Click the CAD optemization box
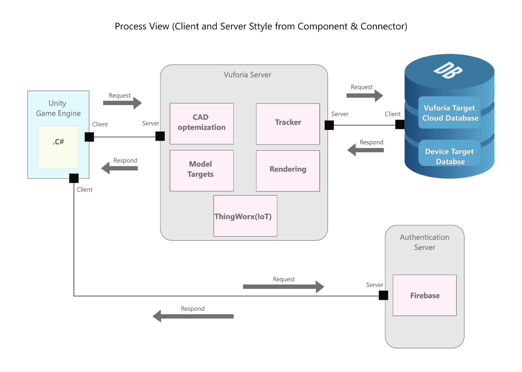coord(202,124)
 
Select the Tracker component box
coord(288,124)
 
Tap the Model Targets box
coord(202,170)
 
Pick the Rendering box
coord(288,171)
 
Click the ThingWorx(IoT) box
coord(245,216)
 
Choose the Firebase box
coord(424,295)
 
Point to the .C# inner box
coord(58,147)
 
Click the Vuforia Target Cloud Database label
coord(450,113)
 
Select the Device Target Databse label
coord(450,156)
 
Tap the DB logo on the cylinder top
coord(448,70)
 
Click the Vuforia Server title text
coord(247,75)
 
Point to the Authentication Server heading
coord(424,242)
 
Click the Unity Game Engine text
coord(58,108)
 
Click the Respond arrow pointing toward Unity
coord(120,168)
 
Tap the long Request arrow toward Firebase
coord(283,286)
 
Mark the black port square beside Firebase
coord(383,295)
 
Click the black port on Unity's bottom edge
coord(74,178)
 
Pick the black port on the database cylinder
coord(400,124)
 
